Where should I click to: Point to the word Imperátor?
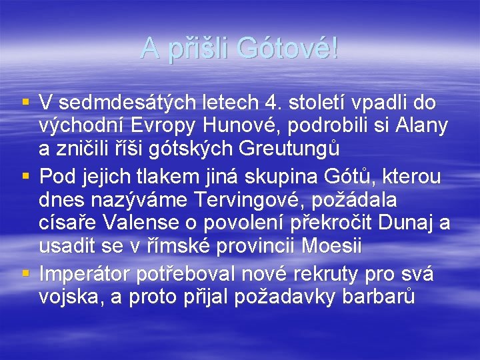pos(85,273)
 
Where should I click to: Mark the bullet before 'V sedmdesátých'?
pos(26,103)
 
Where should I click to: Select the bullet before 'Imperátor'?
pos(26,273)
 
